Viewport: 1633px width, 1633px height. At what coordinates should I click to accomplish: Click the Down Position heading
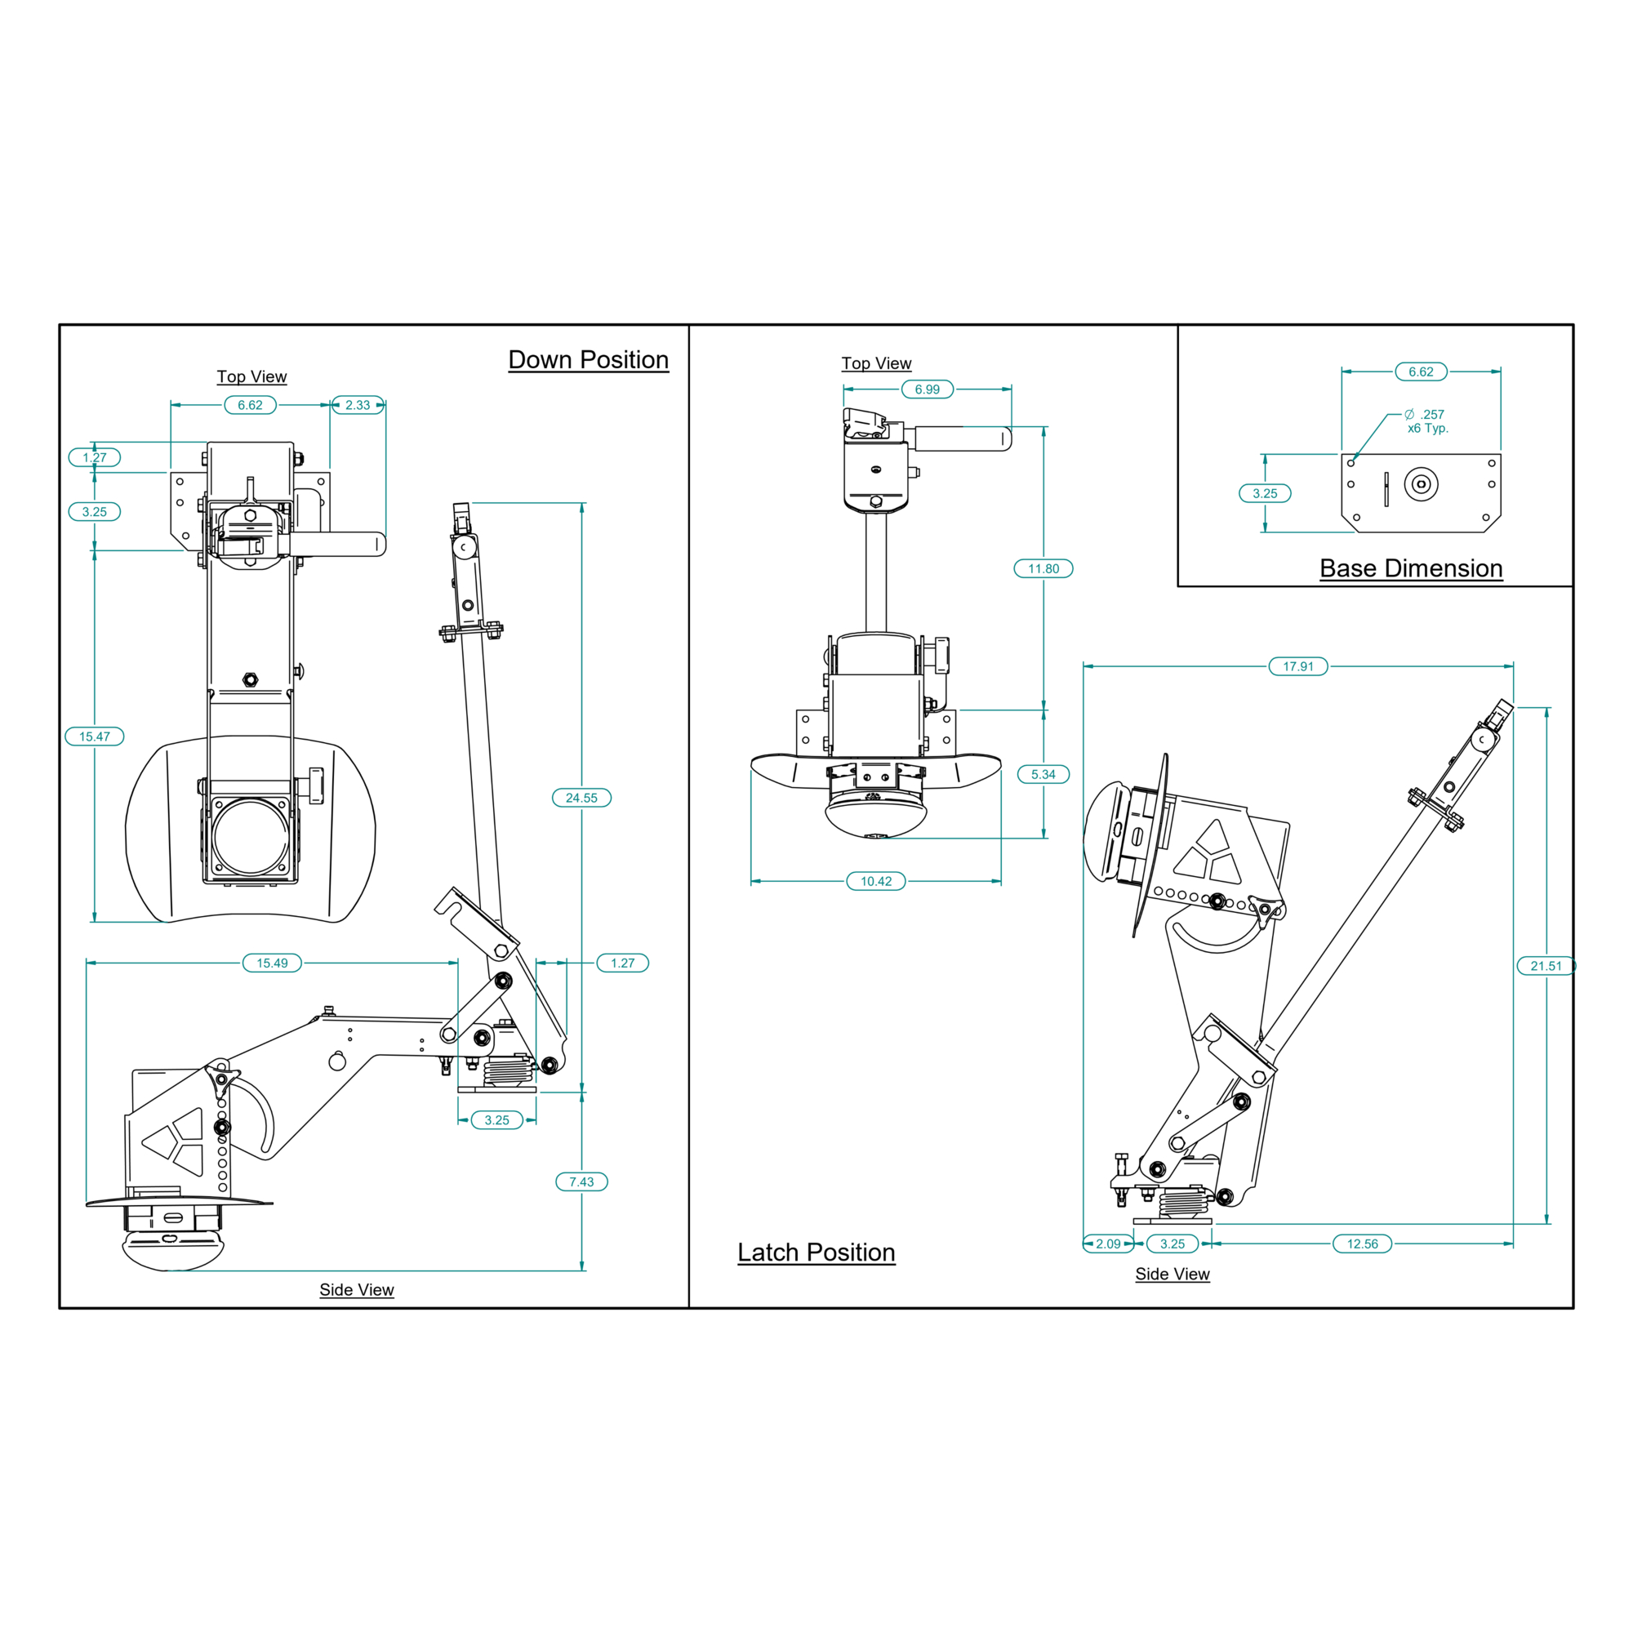[588, 360]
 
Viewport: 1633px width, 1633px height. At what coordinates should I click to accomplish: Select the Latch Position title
[816, 1252]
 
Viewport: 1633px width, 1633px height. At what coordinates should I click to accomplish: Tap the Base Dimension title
[1411, 568]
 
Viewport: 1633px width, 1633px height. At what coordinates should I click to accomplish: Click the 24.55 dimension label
[581, 798]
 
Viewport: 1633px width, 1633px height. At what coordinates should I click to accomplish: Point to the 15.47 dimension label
[95, 736]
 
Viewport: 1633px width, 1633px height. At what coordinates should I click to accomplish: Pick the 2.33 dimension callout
[358, 405]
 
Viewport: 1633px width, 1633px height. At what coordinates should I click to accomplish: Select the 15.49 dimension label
[272, 963]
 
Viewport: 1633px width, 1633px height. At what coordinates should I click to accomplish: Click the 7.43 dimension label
[581, 1181]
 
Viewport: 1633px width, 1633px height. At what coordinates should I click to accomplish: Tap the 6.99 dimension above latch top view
[928, 389]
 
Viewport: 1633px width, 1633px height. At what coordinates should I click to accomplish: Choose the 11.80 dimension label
[1043, 569]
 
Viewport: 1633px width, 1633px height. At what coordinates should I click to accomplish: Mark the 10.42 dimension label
[875, 882]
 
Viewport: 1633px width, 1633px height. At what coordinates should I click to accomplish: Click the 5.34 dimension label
[1043, 774]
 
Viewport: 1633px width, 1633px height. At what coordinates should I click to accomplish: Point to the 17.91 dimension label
[1298, 667]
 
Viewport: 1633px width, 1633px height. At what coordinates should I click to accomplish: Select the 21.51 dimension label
[1546, 966]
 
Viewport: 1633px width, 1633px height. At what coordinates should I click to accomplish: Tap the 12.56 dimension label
[1362, 1244]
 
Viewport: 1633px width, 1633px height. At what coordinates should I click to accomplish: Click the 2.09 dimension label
[1108, 1244]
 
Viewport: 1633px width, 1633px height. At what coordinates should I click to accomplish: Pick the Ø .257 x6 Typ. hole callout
[1426, 421]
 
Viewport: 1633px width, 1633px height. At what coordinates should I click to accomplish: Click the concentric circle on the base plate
[1421, 484]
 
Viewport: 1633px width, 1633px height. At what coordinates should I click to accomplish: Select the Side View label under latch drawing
[1172, 1274]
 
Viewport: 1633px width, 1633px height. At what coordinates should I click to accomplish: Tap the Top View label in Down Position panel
[251, 377]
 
